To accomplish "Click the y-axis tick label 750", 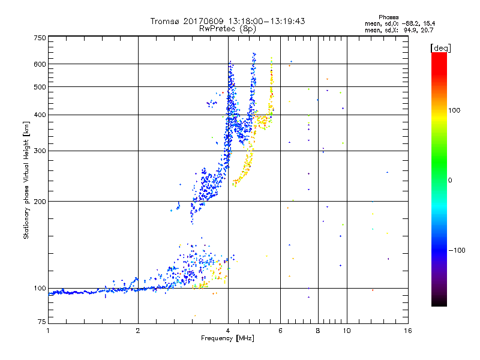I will point(40,37).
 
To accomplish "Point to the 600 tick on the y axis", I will point(40,64).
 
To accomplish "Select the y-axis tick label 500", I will point(40,87).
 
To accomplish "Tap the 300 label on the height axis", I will point(40,151).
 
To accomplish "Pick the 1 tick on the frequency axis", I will point(48,331).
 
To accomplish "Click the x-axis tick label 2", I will point(138,331).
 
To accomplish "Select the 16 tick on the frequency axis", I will point(408,331).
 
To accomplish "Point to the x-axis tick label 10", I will point(346,331).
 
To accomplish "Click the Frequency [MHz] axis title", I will point(227,338).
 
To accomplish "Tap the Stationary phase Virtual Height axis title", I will point(26,180).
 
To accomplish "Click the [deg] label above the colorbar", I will point(441,47).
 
